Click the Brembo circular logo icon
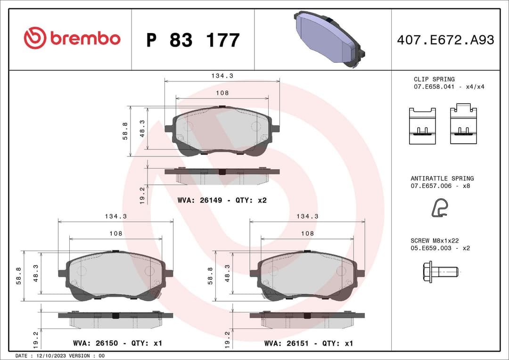[x=35, y=38]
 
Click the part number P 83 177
[x=193, y=40]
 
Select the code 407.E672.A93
[x=445, y=40]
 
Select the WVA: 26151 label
[x=287, y=344]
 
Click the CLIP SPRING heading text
[x=434, y=79]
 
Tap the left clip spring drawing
[x=422, y=126]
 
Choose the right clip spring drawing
[x=463, y=125]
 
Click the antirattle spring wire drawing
[x=440, y=208]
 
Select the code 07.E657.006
[x=431, y=186]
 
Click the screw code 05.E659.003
[x=431, y=248]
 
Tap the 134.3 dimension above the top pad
[x=222, y=75]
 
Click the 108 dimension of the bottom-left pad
[x=115, y=233]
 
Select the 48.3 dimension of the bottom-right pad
[x=228, y=273]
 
